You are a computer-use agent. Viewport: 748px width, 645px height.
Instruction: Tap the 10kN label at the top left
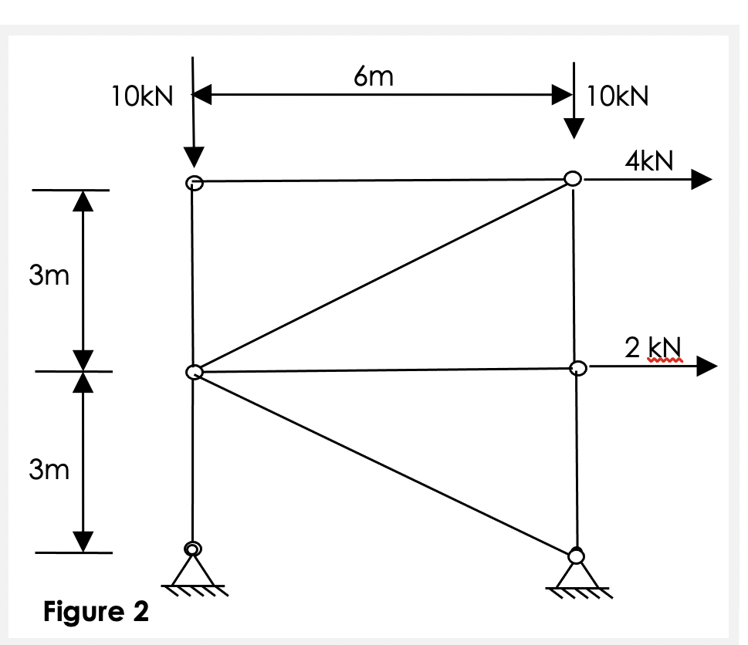coord(142,97)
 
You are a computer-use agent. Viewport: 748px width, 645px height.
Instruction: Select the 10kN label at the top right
coord(618,97)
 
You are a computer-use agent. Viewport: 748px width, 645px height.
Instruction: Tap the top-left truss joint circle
coord(194,183)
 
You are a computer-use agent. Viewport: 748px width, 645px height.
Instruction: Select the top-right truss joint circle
coord(572,178)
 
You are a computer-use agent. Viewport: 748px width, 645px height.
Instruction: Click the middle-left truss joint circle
coord(194,373)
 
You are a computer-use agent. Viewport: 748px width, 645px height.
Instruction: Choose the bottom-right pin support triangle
coord(577,575)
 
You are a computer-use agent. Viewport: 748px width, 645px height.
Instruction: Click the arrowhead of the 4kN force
coord(699,179)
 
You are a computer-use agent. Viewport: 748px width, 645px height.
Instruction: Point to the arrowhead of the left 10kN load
coord(193,157)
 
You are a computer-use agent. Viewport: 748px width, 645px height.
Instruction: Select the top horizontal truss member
coord(382,181)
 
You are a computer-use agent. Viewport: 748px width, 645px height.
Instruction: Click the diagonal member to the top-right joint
coord(382,276)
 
